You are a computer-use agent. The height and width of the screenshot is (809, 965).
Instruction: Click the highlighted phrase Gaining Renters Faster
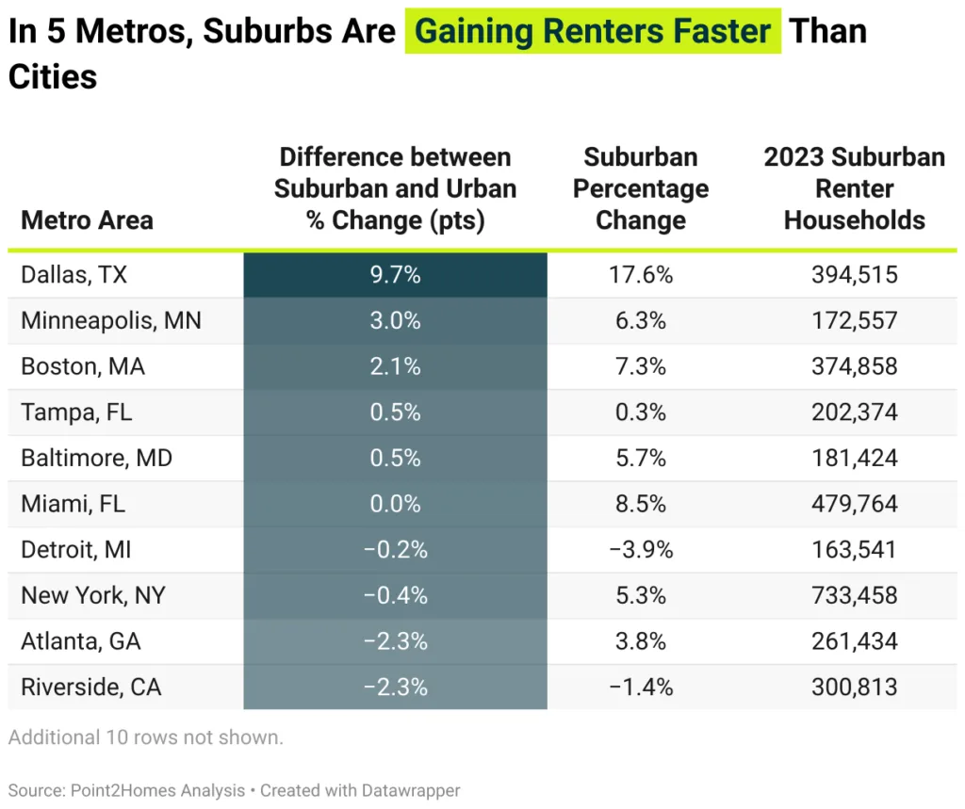pyautogui.click(x=593, y=31)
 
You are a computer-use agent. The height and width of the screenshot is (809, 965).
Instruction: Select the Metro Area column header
pyautogui.click(x=87, y=220)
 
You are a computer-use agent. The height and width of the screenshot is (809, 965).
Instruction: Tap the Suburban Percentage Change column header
pyautogui.click(x=641, y=188)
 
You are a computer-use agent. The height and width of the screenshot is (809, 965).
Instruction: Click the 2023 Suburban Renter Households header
pyautogui.click(x=854, y=188)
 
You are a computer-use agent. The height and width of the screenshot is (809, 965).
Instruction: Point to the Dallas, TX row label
pyautogui.click(x=74, y=275)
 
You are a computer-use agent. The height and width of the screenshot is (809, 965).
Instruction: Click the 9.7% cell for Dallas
pyautogui.click(x=395, y=275)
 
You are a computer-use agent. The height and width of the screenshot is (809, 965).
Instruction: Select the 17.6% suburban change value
pyautogui.click(x=641, y=275)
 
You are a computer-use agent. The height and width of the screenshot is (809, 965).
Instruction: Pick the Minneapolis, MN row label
pyautogui.click(x=111, y=320)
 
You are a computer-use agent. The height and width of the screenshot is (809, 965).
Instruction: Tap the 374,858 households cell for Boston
pyautogui.click(x=854, y=366)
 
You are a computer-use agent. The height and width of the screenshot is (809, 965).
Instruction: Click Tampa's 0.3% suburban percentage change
pyautogui.click(x=641, y=413)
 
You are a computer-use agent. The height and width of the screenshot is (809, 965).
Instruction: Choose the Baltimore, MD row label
pyautogui.click(x=96, y=458)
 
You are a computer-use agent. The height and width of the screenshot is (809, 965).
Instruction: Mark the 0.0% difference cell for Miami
pyautogui.click(x=395, y=504)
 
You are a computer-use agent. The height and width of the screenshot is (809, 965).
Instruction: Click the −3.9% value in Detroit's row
pyautogui.click(x=641, y=550)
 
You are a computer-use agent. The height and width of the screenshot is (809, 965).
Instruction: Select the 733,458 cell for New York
pyautogui.click(x=854, y=595)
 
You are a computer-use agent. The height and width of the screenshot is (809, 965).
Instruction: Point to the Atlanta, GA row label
pyautogui.click(x=81, y=641)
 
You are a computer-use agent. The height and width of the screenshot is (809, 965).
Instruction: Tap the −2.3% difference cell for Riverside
pyautogui.click(x=395, y=688)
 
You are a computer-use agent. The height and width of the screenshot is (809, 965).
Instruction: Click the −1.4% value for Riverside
pyautogui.click(x=641, y=688)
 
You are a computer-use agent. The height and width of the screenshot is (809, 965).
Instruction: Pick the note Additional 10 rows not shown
pyautogui.click(x=145, y=737)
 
